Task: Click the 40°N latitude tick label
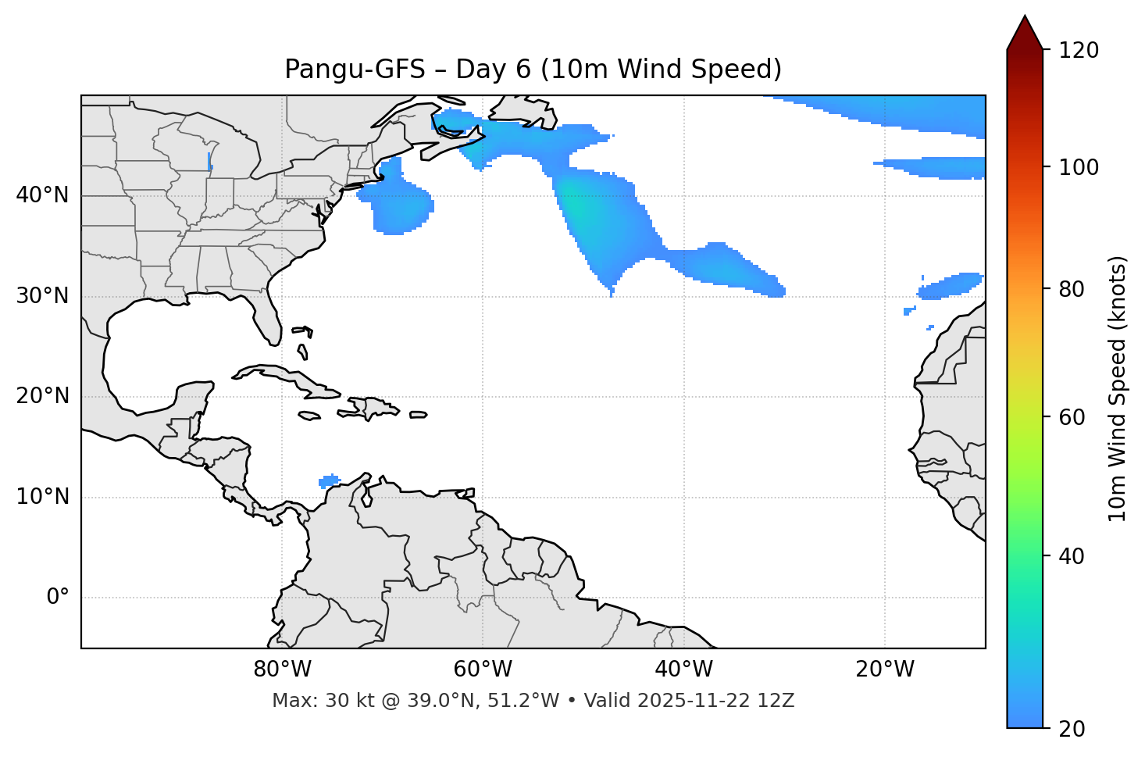pos(42,195)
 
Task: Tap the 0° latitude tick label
pos(58,598)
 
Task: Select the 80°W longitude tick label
pos(282,670)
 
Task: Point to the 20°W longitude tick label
pos(885,670)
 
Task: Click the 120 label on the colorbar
pos(1079,51)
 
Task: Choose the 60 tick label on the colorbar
pos(1072,417)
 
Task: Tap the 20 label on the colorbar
pos(1072,729)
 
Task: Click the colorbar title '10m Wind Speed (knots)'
pos(1118,388)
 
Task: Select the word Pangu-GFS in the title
pos(355,70)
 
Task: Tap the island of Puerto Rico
pos(419,415)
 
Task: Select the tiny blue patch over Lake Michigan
pos(210,162)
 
